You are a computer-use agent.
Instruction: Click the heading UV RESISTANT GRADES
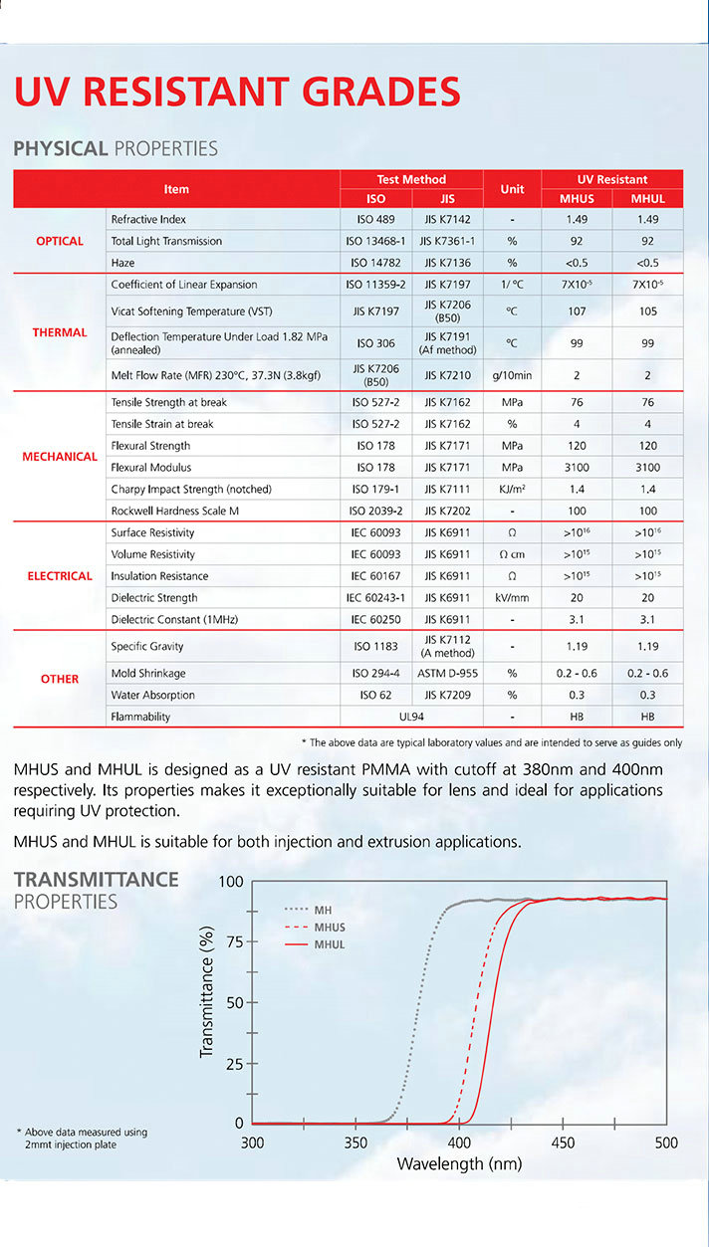point(237,92)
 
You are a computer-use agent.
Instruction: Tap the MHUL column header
point(648,198)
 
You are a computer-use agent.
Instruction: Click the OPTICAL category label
point(60,241)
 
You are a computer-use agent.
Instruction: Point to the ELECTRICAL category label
point(60,576)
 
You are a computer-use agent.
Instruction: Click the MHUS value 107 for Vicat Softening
point(577,311)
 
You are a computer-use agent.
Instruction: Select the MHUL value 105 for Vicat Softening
point(648,311)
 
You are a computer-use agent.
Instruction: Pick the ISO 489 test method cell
point(375,219)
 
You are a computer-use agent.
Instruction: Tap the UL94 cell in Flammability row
point(411,717)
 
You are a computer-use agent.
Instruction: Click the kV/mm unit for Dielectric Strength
point(512,598)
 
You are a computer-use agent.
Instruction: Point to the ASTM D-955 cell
point(447,674)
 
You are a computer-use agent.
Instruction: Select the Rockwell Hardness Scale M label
point(174,511)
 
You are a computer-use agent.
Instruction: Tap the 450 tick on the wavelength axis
point(563,1143)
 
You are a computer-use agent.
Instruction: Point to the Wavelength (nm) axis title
point(459,1163)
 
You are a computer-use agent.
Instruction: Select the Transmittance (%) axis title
point(207,991)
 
